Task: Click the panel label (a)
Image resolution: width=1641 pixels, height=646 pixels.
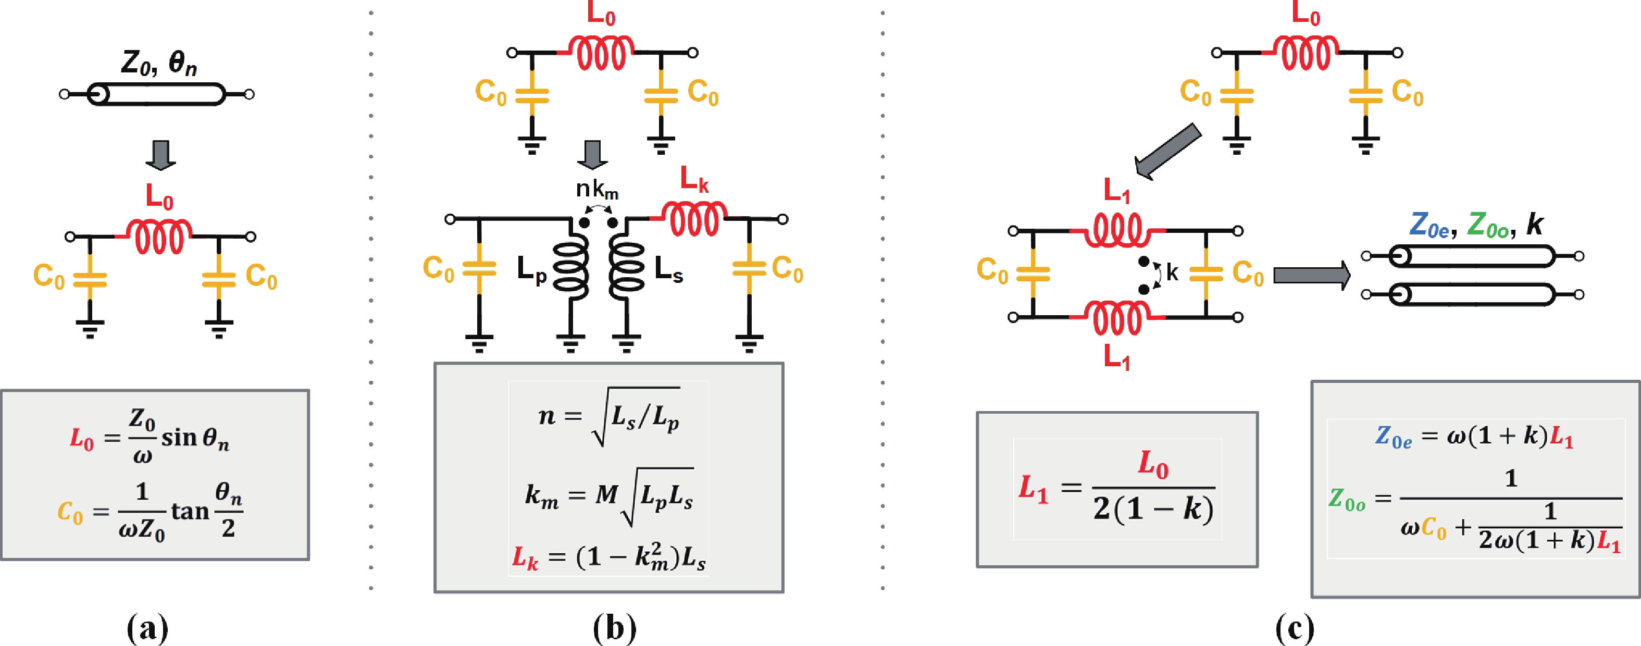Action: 148,629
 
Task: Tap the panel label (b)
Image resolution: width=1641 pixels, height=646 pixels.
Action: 614,629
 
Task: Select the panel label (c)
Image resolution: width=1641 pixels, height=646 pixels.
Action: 1295,629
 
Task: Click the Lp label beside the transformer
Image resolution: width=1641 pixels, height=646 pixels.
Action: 531,269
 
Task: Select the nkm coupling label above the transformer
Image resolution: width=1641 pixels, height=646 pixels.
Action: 597,189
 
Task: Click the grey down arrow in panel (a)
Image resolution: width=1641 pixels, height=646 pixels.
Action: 160,155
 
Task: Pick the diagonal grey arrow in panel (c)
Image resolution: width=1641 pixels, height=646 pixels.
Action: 1167,152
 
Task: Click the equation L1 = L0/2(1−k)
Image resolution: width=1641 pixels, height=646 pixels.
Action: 1117,489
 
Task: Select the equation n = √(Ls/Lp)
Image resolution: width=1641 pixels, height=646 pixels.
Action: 608,417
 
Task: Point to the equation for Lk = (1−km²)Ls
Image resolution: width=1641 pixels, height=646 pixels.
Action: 608,557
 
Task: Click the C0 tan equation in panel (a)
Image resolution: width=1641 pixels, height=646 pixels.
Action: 150,511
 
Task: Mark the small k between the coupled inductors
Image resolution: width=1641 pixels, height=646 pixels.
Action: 1172,272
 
